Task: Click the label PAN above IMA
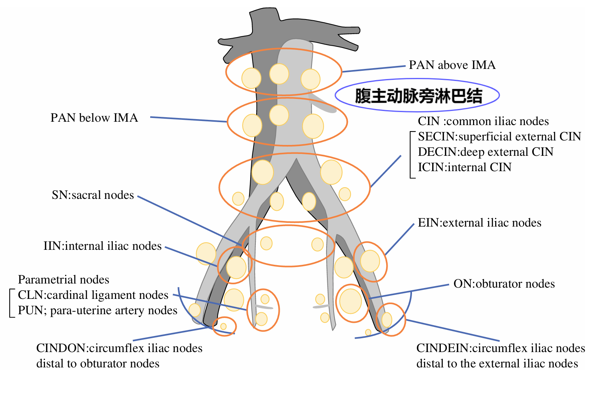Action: click(452, 65)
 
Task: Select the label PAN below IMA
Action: click(94, 118)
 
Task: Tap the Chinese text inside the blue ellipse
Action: click(418, 96)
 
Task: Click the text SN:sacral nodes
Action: click(93, 195)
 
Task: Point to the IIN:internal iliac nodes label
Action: click(102, 246)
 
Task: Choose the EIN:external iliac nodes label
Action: click(479, 223)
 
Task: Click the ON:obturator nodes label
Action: click(504, 284)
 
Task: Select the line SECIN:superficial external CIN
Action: click(499, 137)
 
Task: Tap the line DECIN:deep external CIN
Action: click(485, 152)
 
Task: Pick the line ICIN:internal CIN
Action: click(464, 167)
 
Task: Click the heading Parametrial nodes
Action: click(63, 280)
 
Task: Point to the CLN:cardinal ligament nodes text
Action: click(93, 295)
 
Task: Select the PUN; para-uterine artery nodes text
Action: click(97, 310)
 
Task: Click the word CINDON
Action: click(61, 348)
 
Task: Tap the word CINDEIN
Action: click(443, 348)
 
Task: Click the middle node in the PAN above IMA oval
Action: click(279, 74)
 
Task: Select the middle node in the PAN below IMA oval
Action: click(279, 115)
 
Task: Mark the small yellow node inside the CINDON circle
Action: click(224, 326)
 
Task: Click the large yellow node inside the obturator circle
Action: click(351, 301)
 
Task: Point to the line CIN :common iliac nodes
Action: click(483, 121)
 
